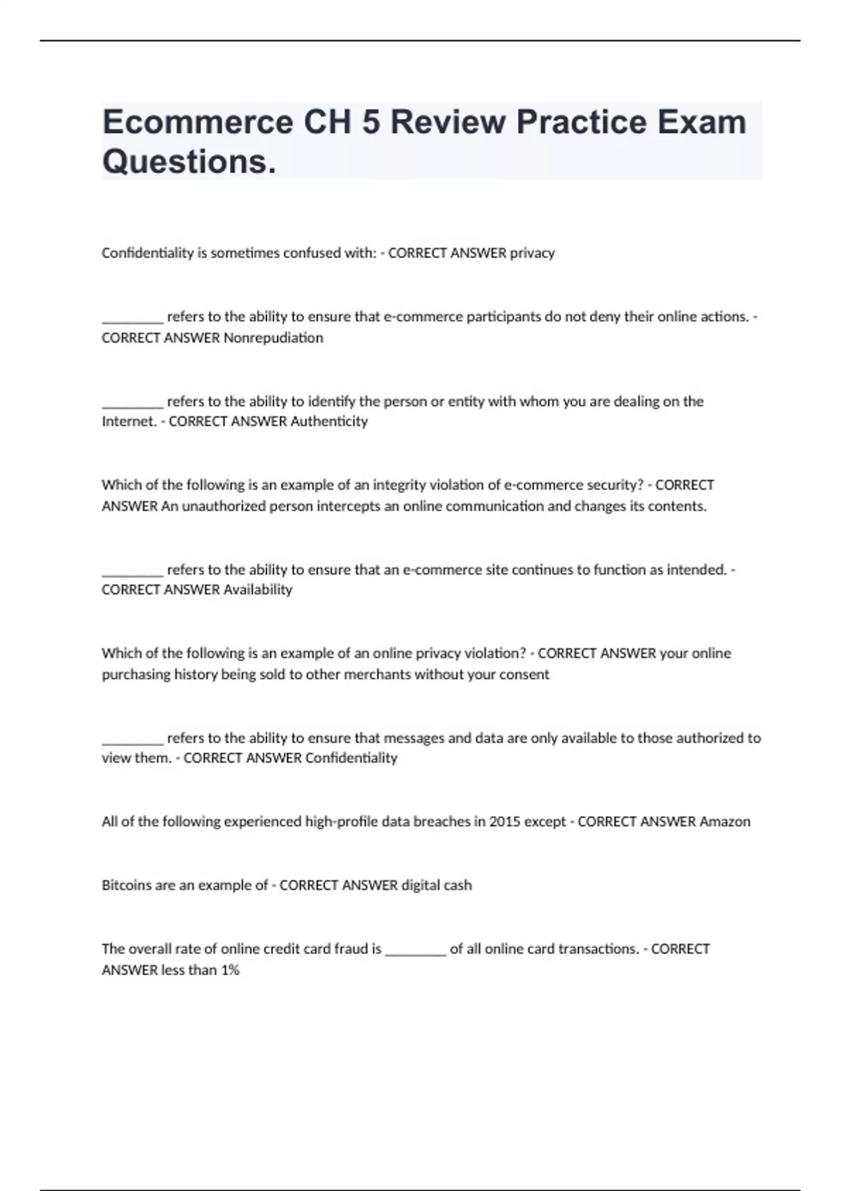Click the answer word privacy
[532, 253]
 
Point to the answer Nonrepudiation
[273, 338]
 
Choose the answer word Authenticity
[329, 421]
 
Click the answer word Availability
[257, 589]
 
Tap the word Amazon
[725, 821]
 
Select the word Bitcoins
[128, 885]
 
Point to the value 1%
[230, 970]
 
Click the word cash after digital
[457, 885]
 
